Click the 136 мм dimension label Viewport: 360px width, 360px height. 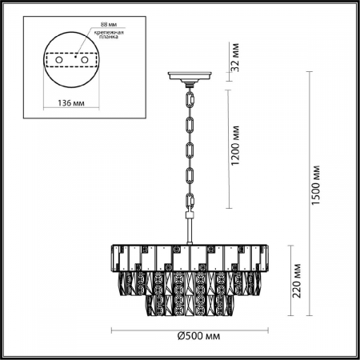pyautogui.click(x=72, y=103)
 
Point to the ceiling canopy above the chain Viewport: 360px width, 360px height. pyautogui.click(x=188, y=78)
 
